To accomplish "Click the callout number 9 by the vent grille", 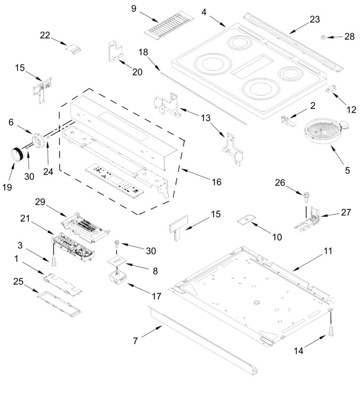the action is coord(134,9).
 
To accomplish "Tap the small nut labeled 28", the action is coord(323,38).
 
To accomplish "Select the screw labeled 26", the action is coord(306,197).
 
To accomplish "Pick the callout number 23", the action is coord(314,19).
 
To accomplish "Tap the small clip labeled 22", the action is coord(74,48).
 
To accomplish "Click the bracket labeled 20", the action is coord(115,52).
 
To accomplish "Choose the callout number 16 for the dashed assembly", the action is coord(217,182).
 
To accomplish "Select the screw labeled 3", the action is coord(54,261).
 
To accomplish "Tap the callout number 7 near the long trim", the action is coord(135,341).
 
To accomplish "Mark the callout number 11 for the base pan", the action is coord(328,250).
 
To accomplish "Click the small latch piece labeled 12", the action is coord(331,89).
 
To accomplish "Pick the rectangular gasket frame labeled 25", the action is coord(59,304).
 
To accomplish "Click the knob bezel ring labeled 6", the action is coord(39,140).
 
